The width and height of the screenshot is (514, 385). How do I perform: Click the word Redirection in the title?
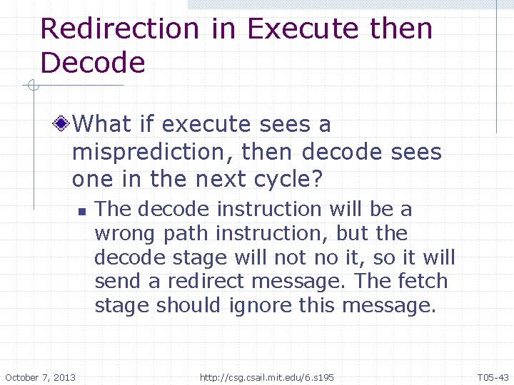[120, 29]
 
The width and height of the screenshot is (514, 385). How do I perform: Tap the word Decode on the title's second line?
[93, 63]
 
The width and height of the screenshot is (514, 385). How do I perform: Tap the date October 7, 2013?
[41, 376]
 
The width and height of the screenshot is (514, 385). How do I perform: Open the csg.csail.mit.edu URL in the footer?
[266, 376]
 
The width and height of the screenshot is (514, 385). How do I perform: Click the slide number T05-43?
[493, 376]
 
